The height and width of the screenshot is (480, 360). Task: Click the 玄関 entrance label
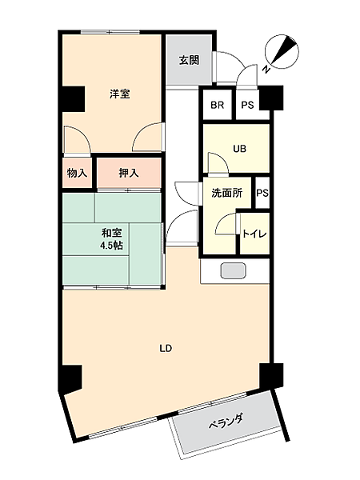[x=189, y=60]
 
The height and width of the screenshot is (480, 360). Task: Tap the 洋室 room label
[x=119, y=94]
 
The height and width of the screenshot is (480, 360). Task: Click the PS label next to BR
[x=247, y=105]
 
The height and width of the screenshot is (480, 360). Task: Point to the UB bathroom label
[x=239, y=147]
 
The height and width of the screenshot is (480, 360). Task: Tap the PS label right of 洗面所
[x=262, y=193]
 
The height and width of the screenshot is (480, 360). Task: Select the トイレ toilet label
[x=254, y=233]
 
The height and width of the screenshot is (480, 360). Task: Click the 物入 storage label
[x=77, y=173]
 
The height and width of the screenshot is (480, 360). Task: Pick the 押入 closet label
[x=128, y=173]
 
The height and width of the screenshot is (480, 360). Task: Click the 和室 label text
[x=111, y=232]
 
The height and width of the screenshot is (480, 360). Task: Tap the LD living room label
[x=166, y=348]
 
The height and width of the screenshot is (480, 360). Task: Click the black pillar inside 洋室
[x=72, y=98]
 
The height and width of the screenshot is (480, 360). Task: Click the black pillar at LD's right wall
[x=270, y=374]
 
